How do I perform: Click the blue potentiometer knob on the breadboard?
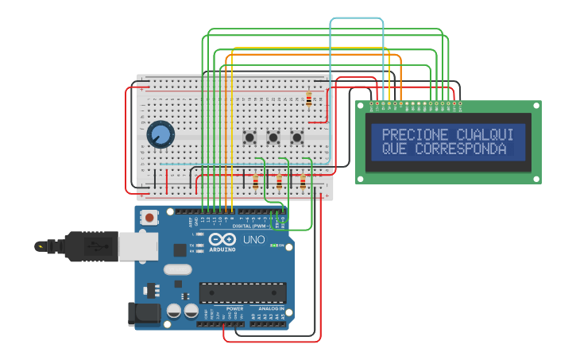coord(160,134)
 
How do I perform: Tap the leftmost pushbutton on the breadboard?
coord(249,137)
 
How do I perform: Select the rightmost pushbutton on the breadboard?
coord(297,137)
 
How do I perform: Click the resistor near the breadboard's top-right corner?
coord(308,99)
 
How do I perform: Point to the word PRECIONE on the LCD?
coord(415,135)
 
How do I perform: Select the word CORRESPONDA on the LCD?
coord(460,149)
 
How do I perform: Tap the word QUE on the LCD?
coord(395,149)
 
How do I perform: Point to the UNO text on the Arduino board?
coord(253,239)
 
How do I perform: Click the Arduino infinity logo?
coord(222,240)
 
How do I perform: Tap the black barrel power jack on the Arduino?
coord(144,312)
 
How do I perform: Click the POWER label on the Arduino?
coord(234,308)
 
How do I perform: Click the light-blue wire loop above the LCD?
coord(357,18)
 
